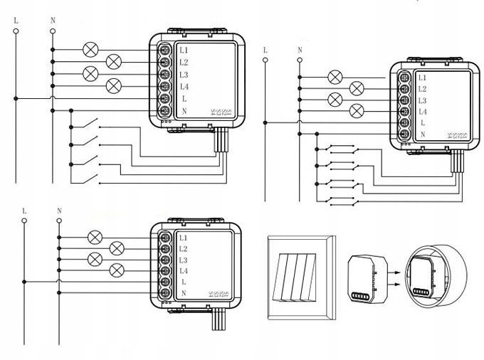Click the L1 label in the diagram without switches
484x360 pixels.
pos(183,238)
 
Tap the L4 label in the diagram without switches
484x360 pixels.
pos(183,271)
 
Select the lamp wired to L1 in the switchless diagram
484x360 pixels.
pos(93,238)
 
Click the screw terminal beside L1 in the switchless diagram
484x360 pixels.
pos(165,238)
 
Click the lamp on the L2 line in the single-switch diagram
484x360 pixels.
pos(113,61)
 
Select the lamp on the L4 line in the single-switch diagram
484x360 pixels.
pos(113,86)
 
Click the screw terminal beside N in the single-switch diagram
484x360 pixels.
pos(165,111)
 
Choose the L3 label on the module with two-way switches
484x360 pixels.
pos(422,100)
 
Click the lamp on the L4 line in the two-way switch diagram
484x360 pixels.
pos(358,111)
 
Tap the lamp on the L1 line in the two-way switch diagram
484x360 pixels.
pos(335,77)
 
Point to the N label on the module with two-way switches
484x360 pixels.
pos(422,134)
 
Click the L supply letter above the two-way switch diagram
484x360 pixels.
pos(265,50)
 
